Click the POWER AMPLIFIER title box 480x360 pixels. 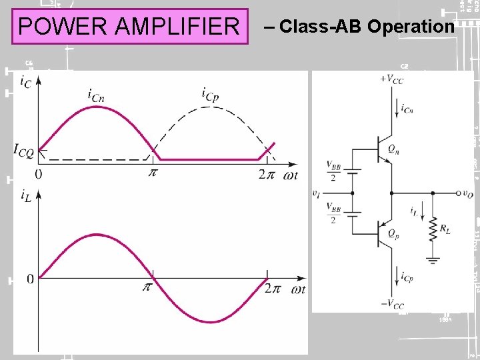pos(129,26)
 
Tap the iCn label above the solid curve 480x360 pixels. pos(96,95)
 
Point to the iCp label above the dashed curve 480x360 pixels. pos(210,95)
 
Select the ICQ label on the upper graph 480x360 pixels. pos(23,149)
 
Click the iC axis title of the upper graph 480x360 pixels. pos(25,81)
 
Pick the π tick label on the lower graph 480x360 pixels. pos(148,288)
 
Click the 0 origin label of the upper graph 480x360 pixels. pos(38,174)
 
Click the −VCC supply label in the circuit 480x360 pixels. pos(392,304)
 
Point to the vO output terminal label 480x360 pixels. pos(466,193)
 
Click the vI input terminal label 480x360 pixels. pos(316,193)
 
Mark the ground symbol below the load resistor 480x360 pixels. pos(433,260)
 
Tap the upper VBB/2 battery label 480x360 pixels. pos(331,170)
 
